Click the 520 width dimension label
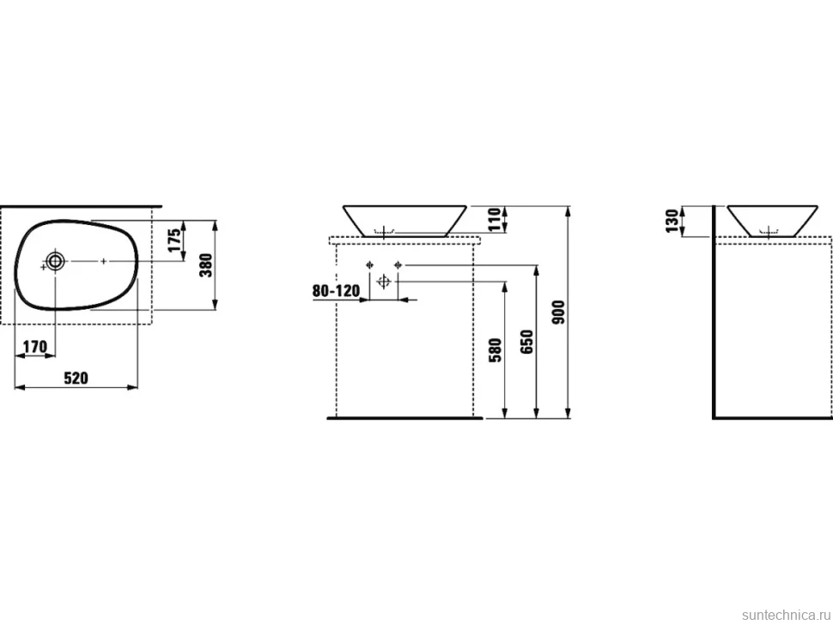coord(76,378)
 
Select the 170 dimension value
coord(35,347)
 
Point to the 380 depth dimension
coord(206,265)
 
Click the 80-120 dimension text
coord(336,290)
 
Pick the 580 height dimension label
coord(496,350)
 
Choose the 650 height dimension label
coord(526,343)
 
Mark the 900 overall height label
coord(558,312)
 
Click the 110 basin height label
coord(495,219)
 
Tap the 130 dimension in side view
coord(672,221)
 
